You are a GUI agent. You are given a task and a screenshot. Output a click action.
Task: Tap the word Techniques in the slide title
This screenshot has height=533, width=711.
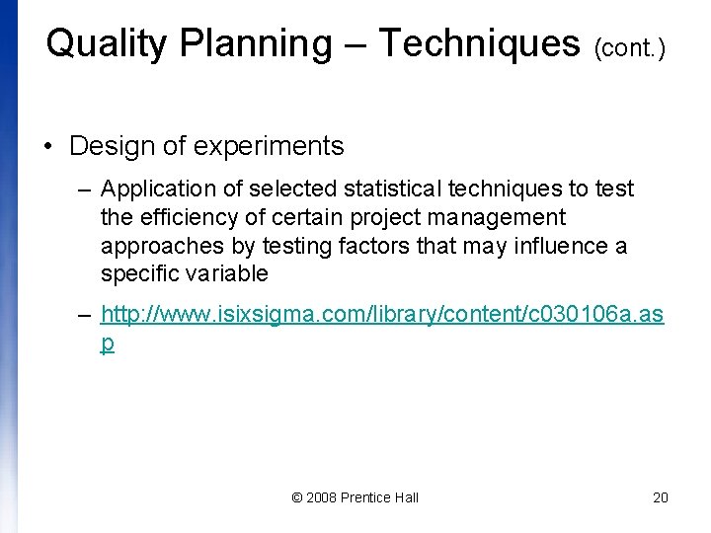pos(479,44)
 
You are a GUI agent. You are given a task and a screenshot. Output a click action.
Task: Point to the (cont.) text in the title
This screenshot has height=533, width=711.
pos(630,48)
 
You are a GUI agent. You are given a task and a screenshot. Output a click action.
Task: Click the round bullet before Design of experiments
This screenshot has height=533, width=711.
pos(47,147)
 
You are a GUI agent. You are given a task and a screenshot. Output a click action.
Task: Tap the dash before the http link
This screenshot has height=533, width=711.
pos(85,316)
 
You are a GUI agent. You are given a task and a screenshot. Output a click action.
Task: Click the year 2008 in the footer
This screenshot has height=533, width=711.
pos(321,497)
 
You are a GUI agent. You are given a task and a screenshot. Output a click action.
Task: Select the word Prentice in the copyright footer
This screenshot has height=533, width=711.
pos(365,497)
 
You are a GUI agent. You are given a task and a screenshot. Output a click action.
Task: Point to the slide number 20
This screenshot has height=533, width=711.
pos(661,497)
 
